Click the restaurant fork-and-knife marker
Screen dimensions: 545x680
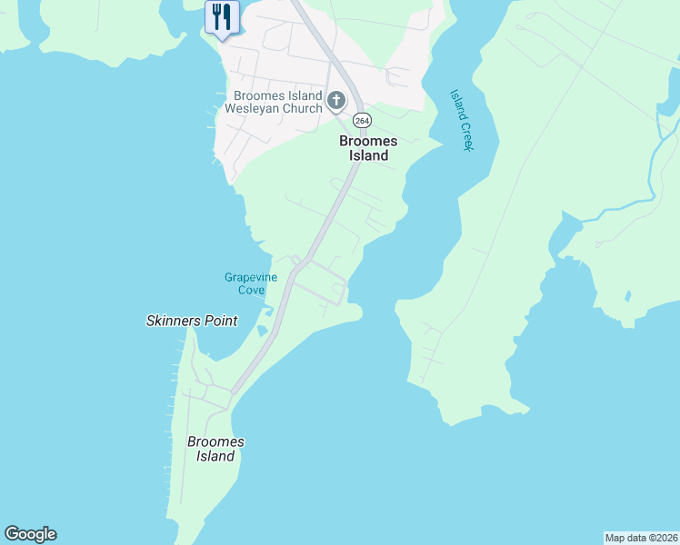(x=222, y=17)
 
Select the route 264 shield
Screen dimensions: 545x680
(x=362, y=121)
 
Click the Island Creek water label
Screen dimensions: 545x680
(x=462, y=120)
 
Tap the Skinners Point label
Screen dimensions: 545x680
(x=192, y=321)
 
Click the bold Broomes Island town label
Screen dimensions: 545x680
(x=364, y=148)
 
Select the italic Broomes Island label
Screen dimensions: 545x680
(x=215, y=449)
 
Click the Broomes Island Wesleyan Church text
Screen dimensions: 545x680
(x=277, y=103)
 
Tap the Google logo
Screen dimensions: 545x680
(x=30, y=534)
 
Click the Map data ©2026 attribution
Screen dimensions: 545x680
(x=641, y=537)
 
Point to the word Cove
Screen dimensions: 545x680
(x=251, y=290)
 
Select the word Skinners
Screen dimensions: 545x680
(x=174, y=321)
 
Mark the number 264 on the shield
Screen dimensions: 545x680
(x=362, y=121)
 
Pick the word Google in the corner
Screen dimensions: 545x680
(x=30, y=534)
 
